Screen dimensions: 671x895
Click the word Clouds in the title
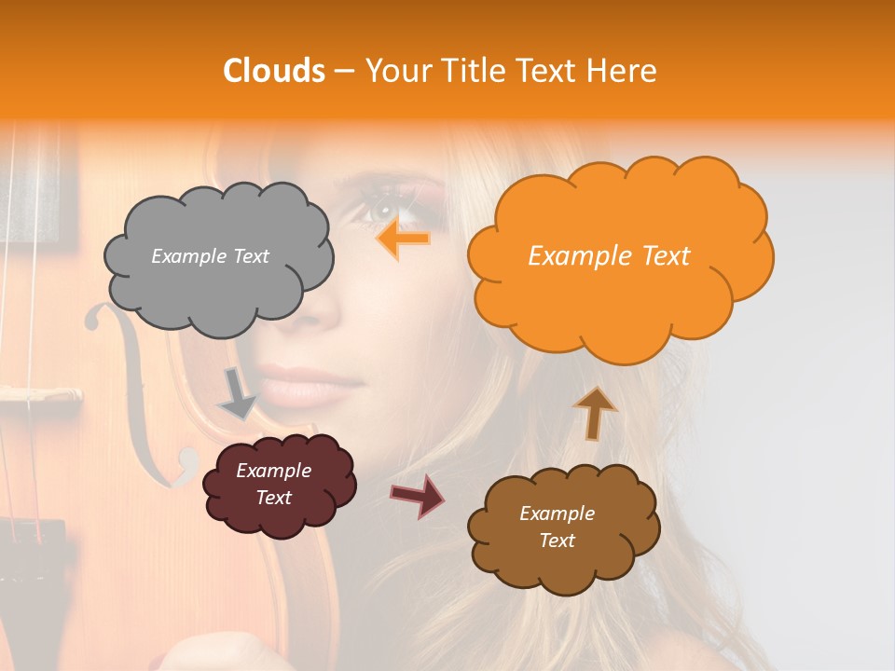[273, 71]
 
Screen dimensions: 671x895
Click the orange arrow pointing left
[403, 240]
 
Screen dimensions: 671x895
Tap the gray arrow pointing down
[237, 394]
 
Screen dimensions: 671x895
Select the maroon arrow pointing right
[417, 494]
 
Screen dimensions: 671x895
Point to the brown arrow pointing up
[595, 412]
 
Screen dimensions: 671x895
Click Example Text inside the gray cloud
[210, 256]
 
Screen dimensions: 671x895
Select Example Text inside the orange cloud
[609, 256]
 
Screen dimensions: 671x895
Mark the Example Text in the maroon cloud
[273, 485]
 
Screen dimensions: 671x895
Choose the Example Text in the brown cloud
[557, 527]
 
